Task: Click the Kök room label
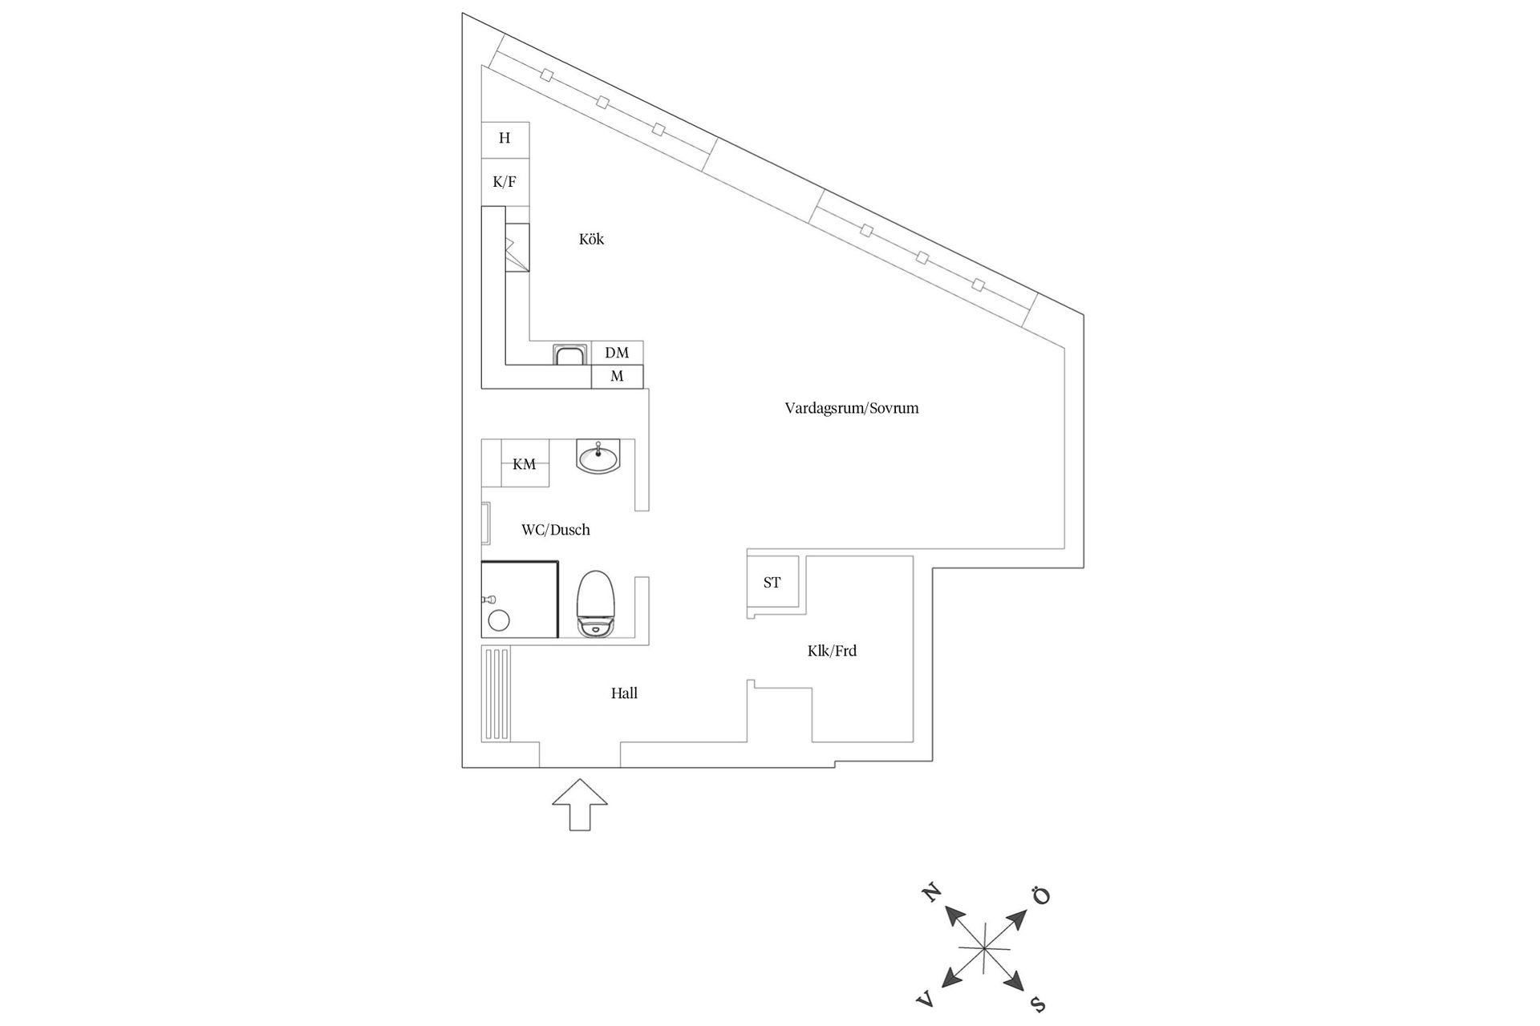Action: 591,239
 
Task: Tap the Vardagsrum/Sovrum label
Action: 852,408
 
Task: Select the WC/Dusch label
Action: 555,530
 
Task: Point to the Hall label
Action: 624,693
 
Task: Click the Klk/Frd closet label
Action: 832,651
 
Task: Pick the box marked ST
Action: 772,583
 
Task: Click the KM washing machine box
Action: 525,464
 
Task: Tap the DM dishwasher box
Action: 617,353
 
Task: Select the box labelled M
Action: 617,377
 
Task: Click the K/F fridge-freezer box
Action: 505,182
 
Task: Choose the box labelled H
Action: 505,138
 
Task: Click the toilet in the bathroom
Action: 595,604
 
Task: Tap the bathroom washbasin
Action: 598,458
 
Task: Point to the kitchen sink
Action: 569,354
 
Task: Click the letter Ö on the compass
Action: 1040,895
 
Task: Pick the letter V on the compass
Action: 926,1000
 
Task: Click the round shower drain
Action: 500,620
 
